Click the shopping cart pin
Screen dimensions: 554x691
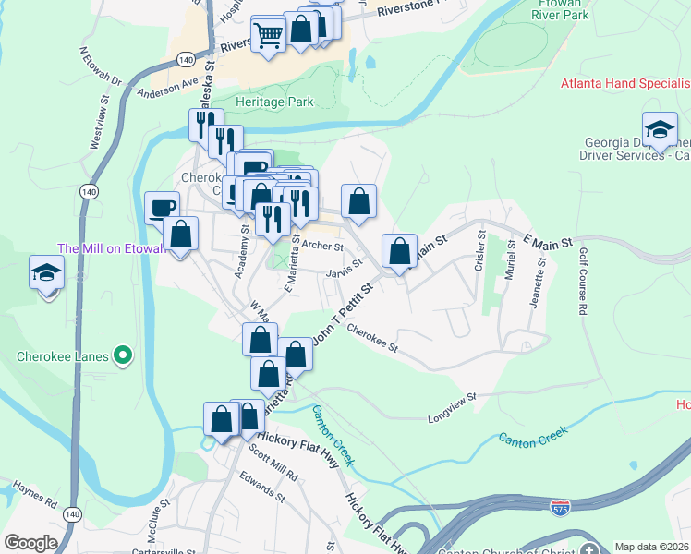[x=268, y=36]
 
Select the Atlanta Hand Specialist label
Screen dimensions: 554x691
[x=625, y=84]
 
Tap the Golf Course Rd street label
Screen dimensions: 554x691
[x=584, y=282]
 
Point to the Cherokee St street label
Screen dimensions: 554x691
[x=372, y=337]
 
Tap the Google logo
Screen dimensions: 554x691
[x=30, y=543]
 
